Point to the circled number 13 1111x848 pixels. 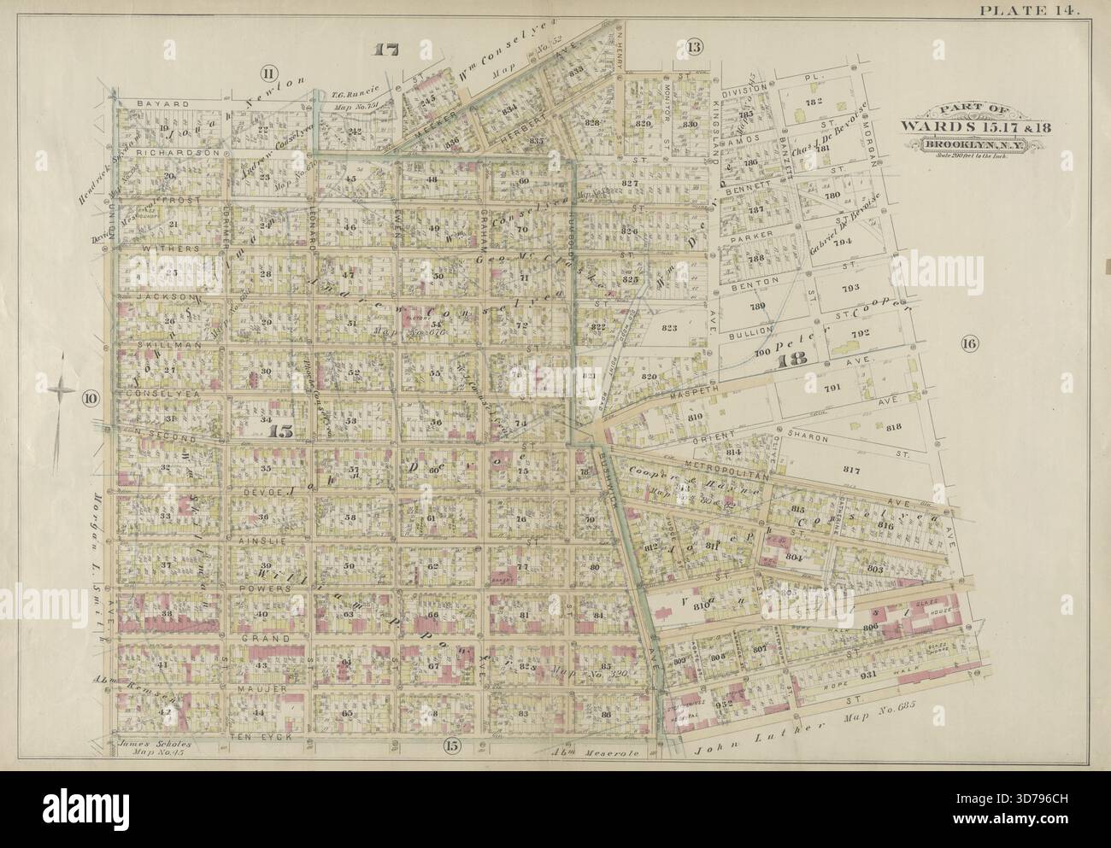click(694, 47)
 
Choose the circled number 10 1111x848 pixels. click(90, 397)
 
